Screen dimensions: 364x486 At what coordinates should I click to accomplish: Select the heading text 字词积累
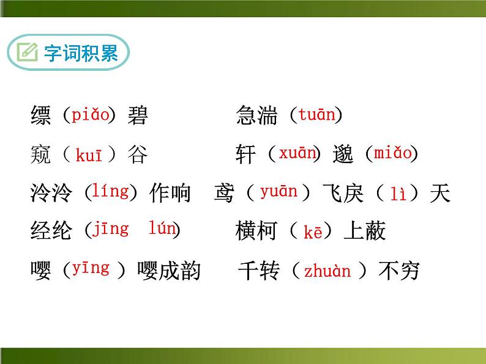click(x=81, y=53)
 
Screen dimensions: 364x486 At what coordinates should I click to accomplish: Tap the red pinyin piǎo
click(x=90, y=115)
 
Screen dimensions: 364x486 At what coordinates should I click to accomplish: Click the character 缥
click(x=40, y=115)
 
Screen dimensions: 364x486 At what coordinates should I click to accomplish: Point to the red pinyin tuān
click(x=316, y=115)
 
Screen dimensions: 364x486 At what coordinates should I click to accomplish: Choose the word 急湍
click(x=256, y=115)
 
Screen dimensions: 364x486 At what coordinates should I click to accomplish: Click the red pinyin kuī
click(x=89, y=155)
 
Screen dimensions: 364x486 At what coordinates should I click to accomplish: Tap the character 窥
click(x=40, y=155)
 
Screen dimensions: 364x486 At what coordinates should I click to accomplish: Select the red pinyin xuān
click(x=297, y=153)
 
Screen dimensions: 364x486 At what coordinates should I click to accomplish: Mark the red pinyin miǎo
click(x=393, y=153)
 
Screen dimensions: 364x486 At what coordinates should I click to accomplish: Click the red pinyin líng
click(x=110, y=191)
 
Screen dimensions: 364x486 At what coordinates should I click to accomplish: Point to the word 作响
click(x=170, y=194)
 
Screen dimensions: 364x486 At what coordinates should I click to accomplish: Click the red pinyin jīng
click(x=111, y=229)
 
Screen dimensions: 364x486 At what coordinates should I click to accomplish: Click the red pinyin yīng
click(x=91, y=268)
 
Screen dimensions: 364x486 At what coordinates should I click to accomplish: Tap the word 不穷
click(x=399, y=271)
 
